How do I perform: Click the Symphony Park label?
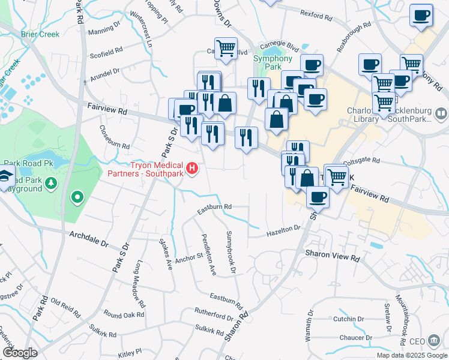point(272,62)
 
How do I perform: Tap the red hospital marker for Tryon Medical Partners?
point(192,168)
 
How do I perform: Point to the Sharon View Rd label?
point(332,255)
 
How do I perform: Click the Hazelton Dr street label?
point(283,230)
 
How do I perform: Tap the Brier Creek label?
point(40,34)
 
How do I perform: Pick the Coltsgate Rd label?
point(361,160)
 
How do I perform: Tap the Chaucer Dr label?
point(357,338)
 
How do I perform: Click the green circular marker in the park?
point(76,196)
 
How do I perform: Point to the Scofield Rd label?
point(106,51)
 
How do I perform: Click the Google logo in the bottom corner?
point(19,352)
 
